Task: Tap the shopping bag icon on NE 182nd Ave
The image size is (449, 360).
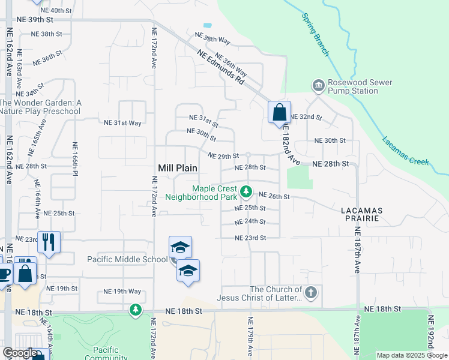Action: (x=279, y=112)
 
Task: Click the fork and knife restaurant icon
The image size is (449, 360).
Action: (x=49, y=242)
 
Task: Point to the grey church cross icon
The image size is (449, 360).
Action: (x=310, y=293)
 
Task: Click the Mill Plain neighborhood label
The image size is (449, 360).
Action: (x=178, y=169)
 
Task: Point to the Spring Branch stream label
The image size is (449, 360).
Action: (x=316, y=41)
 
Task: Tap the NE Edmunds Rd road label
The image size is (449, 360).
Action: (x=221, y=67)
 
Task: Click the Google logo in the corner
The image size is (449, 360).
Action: (x=20, y=353)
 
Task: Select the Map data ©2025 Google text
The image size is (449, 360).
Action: (x=411, y=355)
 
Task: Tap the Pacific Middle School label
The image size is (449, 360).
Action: (x=127, y=259)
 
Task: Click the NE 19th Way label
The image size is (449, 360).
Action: (x=122, y=291)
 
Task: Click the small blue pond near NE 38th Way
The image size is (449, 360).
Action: (x=208, y=26)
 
